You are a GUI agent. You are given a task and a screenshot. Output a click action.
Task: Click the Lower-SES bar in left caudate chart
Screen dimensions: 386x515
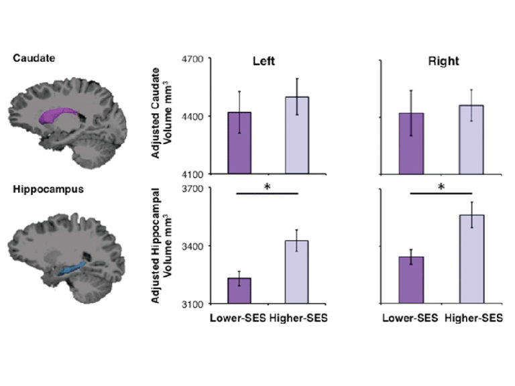239,143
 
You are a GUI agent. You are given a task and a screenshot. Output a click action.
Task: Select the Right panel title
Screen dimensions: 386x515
444,62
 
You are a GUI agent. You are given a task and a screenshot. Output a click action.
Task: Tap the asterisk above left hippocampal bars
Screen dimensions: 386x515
268,187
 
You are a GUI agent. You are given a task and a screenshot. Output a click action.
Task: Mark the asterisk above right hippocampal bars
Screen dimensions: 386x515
441,187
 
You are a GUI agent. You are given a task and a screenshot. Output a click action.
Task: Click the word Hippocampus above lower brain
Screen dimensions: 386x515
40,189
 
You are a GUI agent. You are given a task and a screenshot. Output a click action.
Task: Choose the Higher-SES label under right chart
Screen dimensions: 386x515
473,318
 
